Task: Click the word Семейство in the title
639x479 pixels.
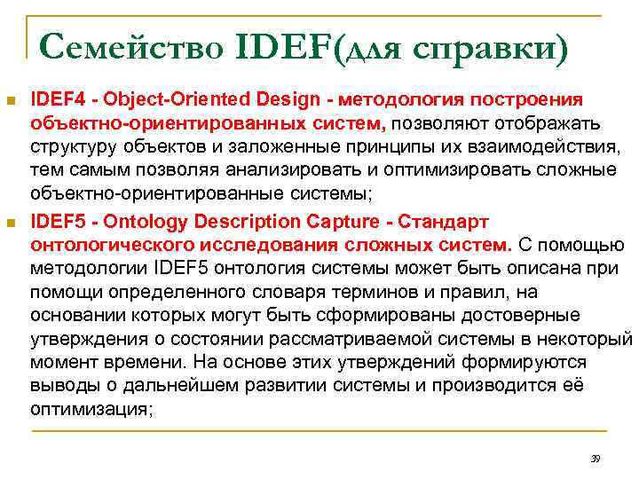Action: [x=130, y=43]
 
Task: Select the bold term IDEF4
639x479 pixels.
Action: [x=56, y=98]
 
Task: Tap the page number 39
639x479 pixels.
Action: [x=596, y=459]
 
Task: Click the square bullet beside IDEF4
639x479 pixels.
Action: [x=12, y=99]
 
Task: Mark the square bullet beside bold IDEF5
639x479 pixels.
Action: [x=12, y=221]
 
